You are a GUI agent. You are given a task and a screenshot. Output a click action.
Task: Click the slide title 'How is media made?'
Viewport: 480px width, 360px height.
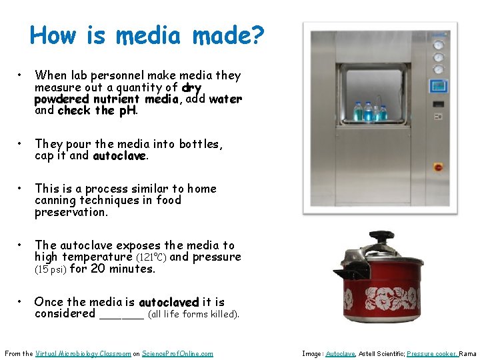click(147, 35)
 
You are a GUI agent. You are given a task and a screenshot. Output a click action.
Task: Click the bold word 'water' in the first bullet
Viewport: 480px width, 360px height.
click(225, 99)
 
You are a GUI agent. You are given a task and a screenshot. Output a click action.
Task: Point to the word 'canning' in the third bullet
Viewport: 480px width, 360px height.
click(56, 201)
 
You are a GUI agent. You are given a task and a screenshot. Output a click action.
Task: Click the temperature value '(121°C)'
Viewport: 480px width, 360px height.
click(152, 257)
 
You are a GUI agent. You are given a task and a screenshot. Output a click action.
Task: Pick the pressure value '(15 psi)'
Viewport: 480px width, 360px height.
click(50, 269)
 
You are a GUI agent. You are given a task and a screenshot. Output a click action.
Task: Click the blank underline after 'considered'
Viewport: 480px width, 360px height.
click(121, 314)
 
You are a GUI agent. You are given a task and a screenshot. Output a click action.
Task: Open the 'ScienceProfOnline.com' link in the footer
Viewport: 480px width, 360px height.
click(178, 353)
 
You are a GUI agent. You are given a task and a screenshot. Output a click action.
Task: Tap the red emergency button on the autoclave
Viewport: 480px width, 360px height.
click(438, 167)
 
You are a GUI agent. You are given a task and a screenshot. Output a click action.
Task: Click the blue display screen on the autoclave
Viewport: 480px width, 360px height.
click(438, 86)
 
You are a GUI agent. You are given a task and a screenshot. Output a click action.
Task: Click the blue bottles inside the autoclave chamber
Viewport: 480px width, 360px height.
click(369, 111)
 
